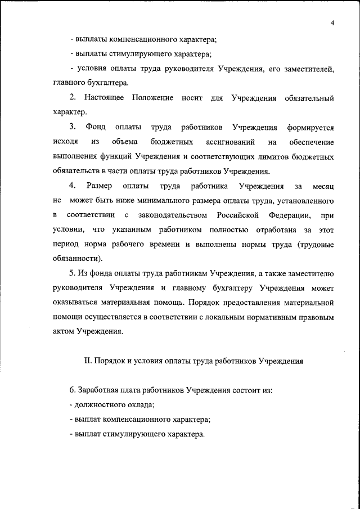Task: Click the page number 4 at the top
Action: coord(332,23)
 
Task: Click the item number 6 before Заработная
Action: coord(71,391)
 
